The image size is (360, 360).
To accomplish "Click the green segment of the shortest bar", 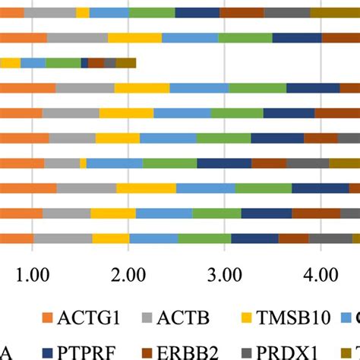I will tap(63, 63).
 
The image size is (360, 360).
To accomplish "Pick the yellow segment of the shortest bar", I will tap(11, 63).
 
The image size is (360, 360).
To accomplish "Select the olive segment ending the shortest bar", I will tap(126, 63).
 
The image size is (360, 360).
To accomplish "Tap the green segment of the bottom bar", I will tap(205, 238).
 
